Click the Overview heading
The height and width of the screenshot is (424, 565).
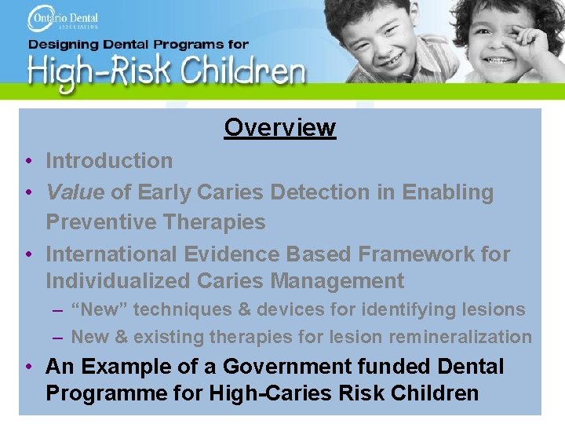pos(279,127)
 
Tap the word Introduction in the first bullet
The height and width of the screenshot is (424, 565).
pos(109,161)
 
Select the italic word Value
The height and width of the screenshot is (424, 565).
pos(75,192)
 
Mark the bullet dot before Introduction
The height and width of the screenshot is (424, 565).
pos(27,162)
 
